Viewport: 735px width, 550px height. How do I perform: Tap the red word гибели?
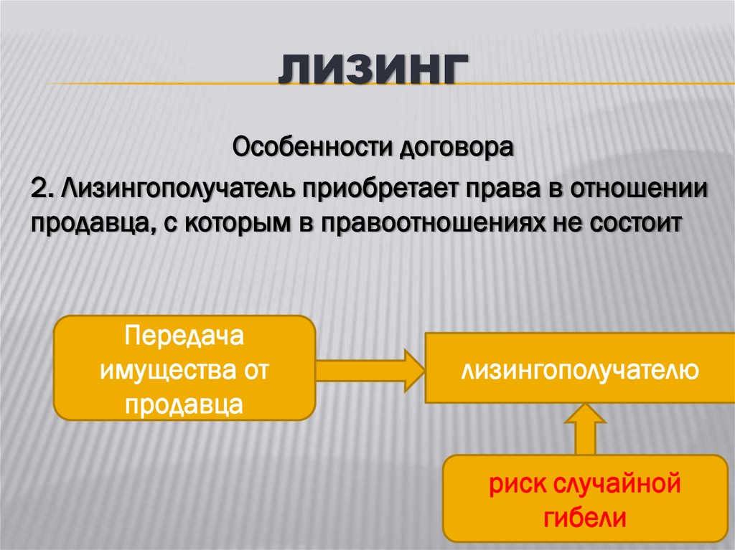coord(585,518)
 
